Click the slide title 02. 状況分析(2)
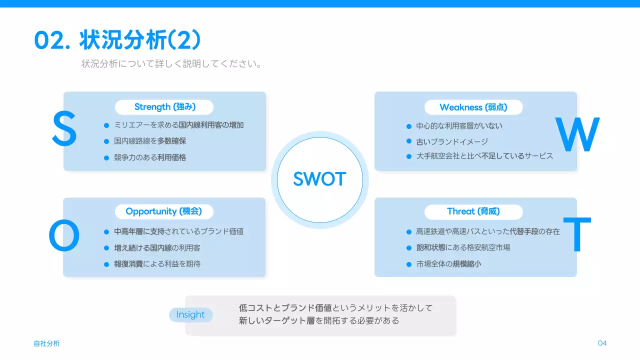click(117, 40)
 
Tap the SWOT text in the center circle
click(319, 179)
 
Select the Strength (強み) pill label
click(164, 107)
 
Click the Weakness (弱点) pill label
click(473, 107)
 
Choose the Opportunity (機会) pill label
click(164, 211)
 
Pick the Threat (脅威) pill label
click(473, 211)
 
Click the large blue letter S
click(64, 129)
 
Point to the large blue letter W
click(577, 135)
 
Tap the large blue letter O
click(64, 237)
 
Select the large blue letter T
click(577, 235)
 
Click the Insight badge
click(190, 314)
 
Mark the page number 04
click(602, 343)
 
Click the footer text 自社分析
click(46, 343)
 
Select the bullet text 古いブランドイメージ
click(452, 141)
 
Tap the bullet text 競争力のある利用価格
click(150, 157)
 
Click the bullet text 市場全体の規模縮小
click(448, 264)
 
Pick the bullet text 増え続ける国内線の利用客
click(157, 248)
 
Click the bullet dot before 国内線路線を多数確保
click(106, 141)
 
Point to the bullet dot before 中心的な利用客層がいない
click(409, 126)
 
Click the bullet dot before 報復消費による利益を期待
click(106, 264)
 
